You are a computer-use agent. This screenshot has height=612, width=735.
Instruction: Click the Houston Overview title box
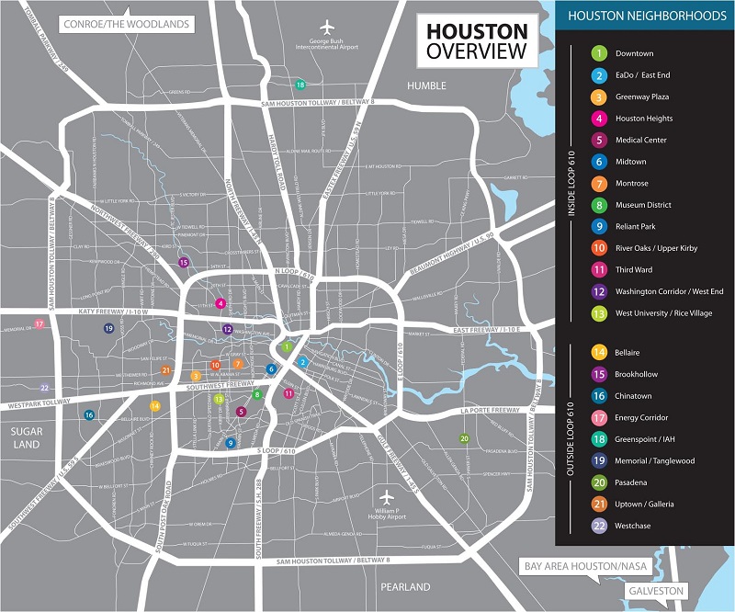[x=475, y=41]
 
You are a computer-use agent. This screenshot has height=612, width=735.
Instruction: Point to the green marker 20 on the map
[x=464, y=438]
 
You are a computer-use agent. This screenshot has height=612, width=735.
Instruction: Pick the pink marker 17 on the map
[x=39, y=323]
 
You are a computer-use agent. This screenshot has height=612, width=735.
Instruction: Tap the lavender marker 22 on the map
[x=44, y=388]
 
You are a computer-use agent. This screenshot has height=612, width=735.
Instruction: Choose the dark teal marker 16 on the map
[x=89, y=414]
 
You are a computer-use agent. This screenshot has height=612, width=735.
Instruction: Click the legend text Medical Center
[x=641, y=141]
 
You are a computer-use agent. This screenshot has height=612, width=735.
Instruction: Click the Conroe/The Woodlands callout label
[x=126, y=23]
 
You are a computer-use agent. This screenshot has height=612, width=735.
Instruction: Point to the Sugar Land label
[x=27, y=436]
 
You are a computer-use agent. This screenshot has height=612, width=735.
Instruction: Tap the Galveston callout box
[x=656, y=591]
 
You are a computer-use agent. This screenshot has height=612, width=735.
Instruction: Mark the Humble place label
[x=426, y=85]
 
